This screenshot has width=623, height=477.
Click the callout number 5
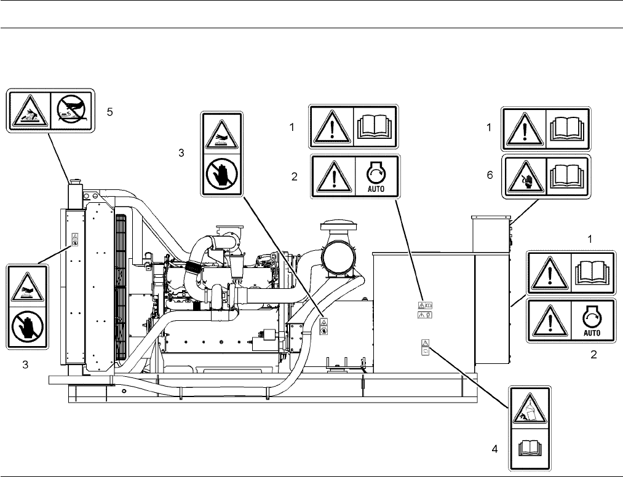[x=109, y=112]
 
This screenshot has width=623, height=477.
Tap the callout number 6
[x=490, y=175]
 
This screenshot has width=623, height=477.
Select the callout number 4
[x=494, y=449]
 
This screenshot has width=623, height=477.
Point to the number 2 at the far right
[x=593, y=355]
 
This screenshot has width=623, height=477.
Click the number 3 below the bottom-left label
[x=25, y=365]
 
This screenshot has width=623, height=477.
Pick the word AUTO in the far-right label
[x=592, y=333]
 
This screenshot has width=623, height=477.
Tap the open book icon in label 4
[x=530, y=448]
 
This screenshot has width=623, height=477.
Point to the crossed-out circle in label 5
[x=71, y=111]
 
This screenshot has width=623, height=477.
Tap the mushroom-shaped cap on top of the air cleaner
[x=337, y=226]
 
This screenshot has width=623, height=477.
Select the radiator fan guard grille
[x=120, y=287]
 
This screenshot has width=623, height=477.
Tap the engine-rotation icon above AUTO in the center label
[x=376, y=173]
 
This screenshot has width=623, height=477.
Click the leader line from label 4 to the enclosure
[x=469, y=377]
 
